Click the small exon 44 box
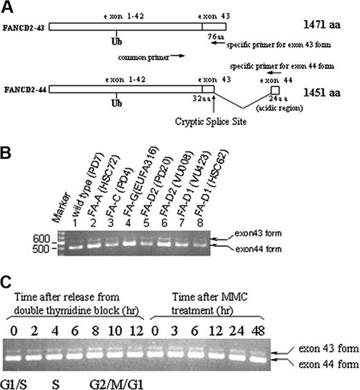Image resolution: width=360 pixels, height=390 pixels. click(x=274, y=91)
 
